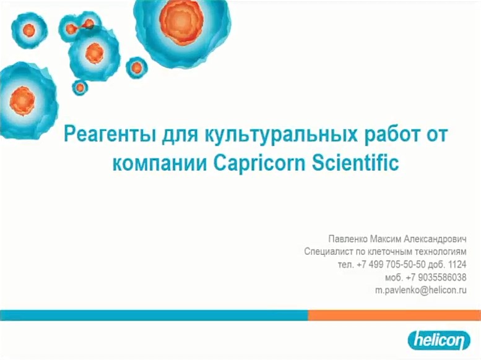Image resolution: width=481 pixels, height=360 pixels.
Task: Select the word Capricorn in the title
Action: point(259,163)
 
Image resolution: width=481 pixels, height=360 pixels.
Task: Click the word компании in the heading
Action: point(160,163)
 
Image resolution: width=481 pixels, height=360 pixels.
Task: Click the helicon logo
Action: point(439,340)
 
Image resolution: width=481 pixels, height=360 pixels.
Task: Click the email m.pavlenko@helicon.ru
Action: point(421,290)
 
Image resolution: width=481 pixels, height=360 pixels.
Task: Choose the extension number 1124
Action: point(457,264)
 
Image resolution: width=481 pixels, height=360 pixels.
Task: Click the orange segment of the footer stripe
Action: point(394,315)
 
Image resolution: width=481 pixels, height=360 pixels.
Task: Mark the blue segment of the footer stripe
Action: point(154,315)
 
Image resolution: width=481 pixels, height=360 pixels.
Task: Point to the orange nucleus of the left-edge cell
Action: point(22,101)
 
